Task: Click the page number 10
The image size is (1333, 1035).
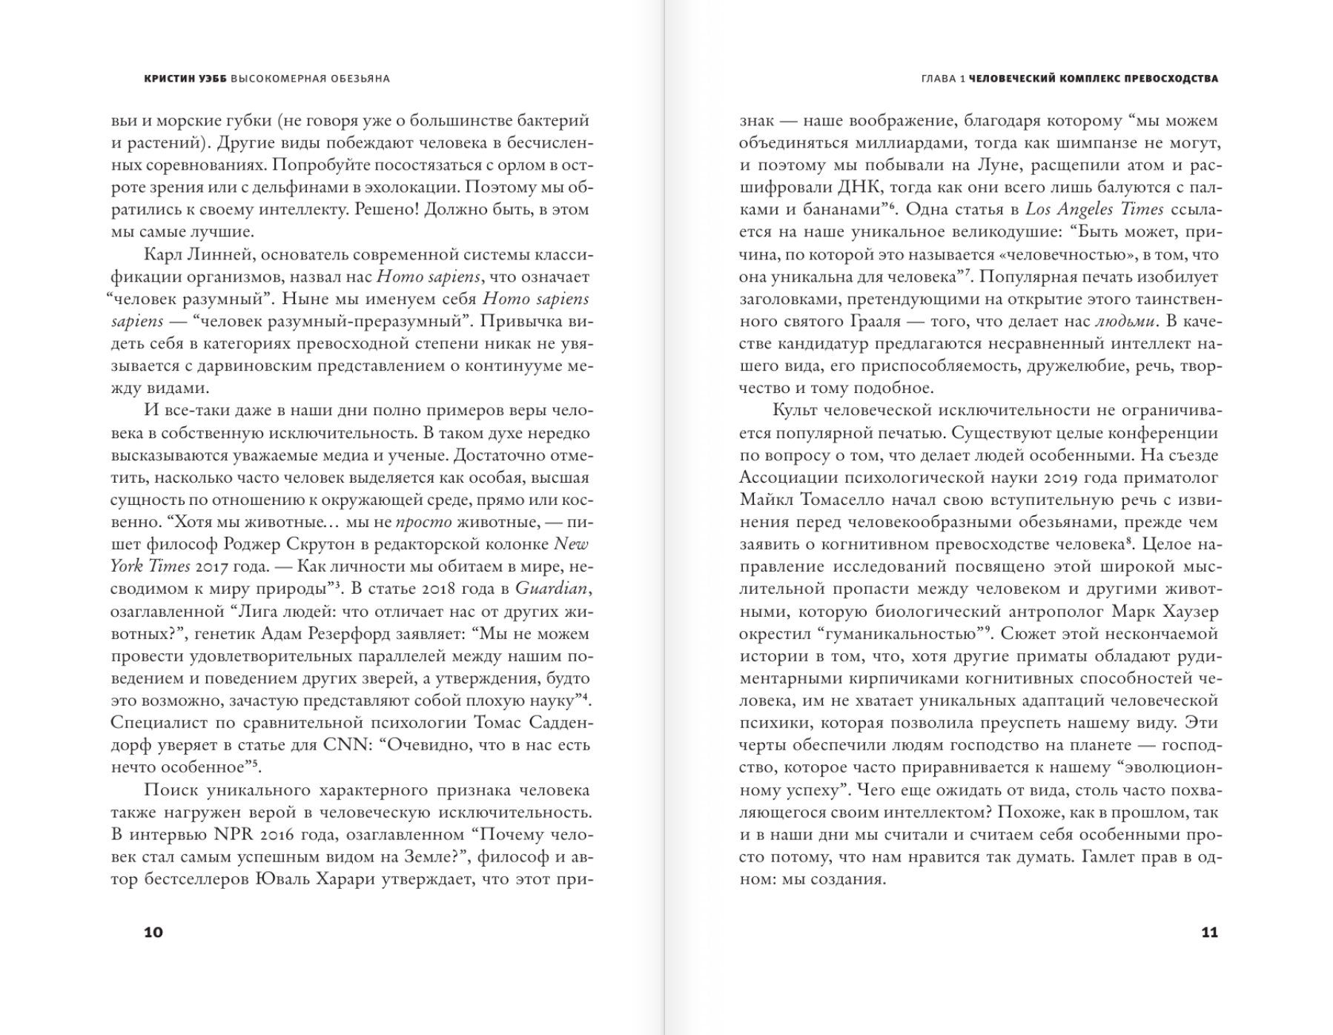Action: pyautogui.click(x=153, y=932)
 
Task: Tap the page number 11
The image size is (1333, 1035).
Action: pyautogui.click(x=1208, y=932)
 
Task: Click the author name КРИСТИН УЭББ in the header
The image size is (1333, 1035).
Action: pyautogui.click(x=185, y=79)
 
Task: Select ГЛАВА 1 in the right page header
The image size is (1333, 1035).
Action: pyautogui.click(x=942, y=79)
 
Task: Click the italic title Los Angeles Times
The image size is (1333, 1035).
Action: pyautogui.click(x=1094, y=210)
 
